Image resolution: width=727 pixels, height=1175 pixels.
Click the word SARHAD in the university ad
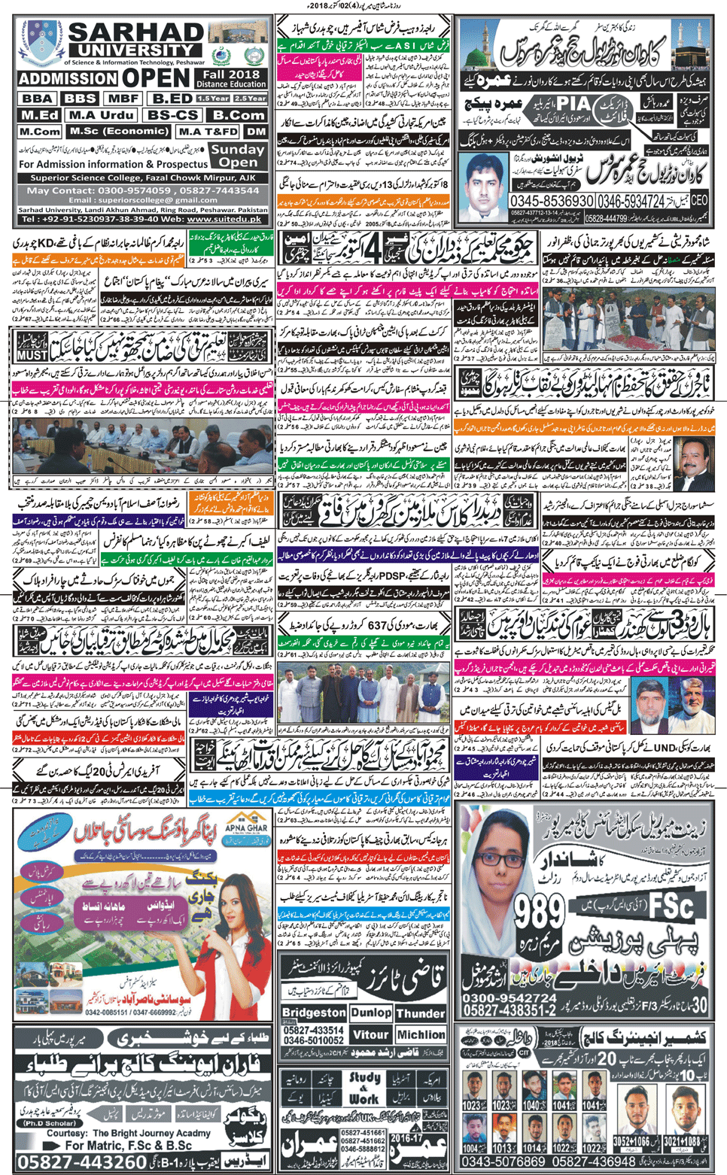[x=135, y=33]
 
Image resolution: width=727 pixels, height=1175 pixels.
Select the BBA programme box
[x=36, y=99]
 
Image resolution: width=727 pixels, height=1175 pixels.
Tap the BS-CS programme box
[x=173, y=115]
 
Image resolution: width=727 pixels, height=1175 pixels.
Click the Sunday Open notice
[x=238, y=156]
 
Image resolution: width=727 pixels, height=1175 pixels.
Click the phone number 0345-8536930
[x=552, y=202]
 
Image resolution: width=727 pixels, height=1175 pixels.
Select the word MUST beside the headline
[x=32, y=354]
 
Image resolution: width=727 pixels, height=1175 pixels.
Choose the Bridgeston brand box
[x=314, y=1013]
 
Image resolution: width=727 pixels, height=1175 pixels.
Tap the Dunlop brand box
[x=371, y=1013]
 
